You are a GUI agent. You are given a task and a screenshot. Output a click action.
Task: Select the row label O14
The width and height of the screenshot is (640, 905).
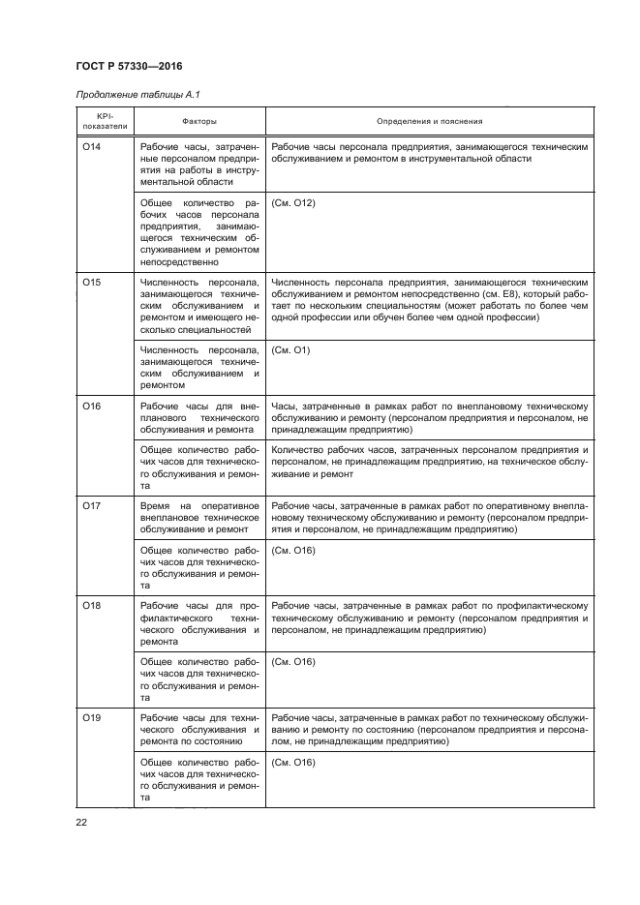coord(93,146)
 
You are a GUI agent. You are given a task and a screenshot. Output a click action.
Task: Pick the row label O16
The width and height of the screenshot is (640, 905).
coord(93,407)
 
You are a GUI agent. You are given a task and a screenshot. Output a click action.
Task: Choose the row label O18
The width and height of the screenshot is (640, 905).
coord(93,605)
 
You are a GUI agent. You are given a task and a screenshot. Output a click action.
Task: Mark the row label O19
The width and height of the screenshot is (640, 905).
coord(93,718)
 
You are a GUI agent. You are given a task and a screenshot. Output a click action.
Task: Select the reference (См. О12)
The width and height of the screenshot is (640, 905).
coord(294,203)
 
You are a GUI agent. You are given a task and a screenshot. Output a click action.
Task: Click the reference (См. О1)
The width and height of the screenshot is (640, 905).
coord(291,349)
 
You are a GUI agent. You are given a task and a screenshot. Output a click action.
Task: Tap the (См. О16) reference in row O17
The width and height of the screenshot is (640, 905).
coord(294,551)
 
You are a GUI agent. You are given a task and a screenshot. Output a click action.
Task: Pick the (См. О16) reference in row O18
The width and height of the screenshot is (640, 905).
coord(294,662)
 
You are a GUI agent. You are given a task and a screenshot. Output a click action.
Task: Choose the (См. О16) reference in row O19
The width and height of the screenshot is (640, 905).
coord(294,763)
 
